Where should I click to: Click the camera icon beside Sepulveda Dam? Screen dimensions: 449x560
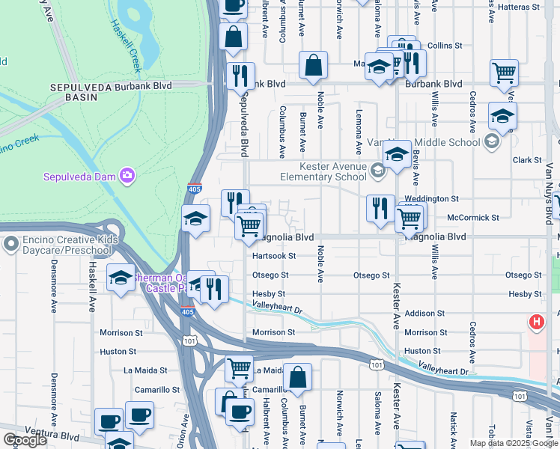point(128,176)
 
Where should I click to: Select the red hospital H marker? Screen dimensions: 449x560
point(537,323)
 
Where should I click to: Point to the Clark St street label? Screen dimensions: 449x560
point(527,160)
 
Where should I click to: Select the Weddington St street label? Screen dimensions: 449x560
point(432,198)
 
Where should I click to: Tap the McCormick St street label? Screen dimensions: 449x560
point(472,218)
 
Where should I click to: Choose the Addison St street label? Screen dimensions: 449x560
point(424,314)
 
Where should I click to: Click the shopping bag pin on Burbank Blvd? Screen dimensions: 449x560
point(312,66)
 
